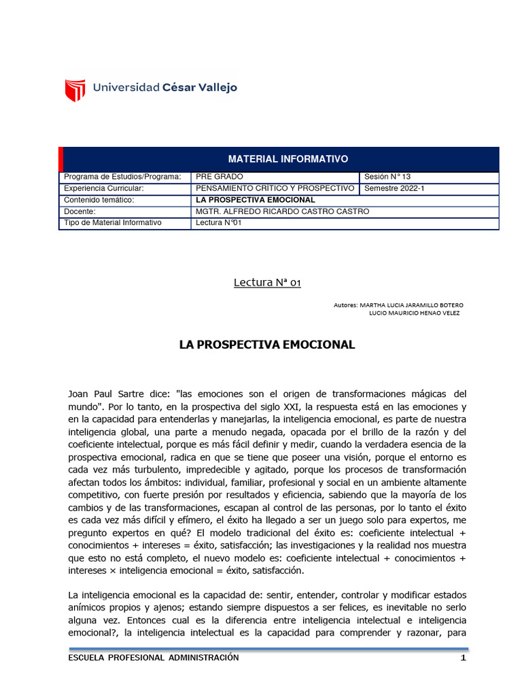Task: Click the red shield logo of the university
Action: [75, 89]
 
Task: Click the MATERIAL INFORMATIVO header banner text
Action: [288, 159]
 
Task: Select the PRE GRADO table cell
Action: [217, 177]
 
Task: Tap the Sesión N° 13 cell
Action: [388, 177]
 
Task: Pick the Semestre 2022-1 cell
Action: [394, 188]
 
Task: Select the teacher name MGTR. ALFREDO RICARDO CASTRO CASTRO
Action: [282, 211]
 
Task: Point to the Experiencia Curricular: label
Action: [103, 188]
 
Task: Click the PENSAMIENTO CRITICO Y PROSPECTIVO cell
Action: [275, 188]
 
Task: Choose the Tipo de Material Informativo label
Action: [112, 223]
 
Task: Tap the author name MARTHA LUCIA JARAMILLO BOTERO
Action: [411, 305]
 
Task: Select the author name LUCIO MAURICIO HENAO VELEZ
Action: [413, 313]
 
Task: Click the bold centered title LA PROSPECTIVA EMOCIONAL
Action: [266, 345]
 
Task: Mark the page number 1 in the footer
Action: [463, 658]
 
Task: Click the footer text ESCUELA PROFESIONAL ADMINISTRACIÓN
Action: [154, 658]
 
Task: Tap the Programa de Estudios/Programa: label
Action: [122, 177]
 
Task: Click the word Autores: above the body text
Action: [345, 305]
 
